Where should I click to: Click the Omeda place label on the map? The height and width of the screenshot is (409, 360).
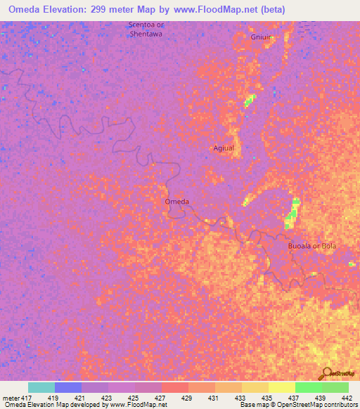176,202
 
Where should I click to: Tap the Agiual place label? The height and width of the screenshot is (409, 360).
223,148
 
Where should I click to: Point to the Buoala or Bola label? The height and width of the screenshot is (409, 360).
313,246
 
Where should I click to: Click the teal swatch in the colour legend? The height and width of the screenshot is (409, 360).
41,387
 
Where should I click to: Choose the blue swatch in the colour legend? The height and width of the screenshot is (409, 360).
68,387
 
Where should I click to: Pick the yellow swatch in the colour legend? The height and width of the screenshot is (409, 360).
281,387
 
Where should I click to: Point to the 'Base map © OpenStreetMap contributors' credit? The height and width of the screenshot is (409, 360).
298,405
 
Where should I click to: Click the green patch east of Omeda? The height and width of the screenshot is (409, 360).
291,212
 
